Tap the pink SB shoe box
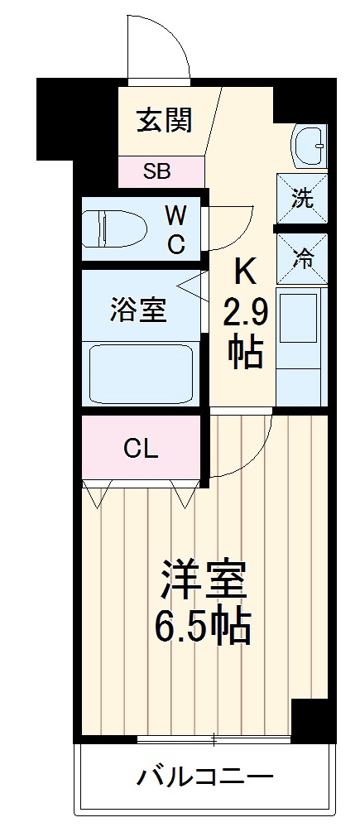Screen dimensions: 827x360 [157, 171]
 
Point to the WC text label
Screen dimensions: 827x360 [175, 230]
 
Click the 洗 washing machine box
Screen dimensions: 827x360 [303, 200]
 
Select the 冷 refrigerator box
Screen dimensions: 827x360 [303, 257]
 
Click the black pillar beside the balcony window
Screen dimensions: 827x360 [310, 719]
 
